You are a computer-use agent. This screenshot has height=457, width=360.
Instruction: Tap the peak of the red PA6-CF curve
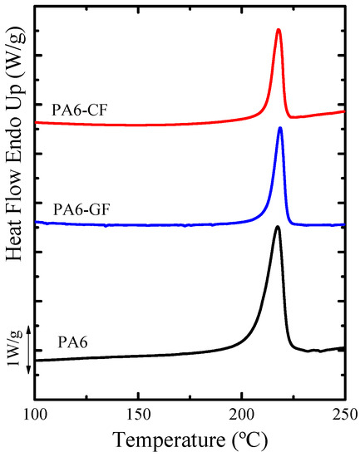coord(279,30)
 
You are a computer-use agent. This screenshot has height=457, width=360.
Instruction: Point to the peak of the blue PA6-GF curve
coord(280,128)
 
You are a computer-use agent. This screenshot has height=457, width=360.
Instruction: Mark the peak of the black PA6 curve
coord(278,227)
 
